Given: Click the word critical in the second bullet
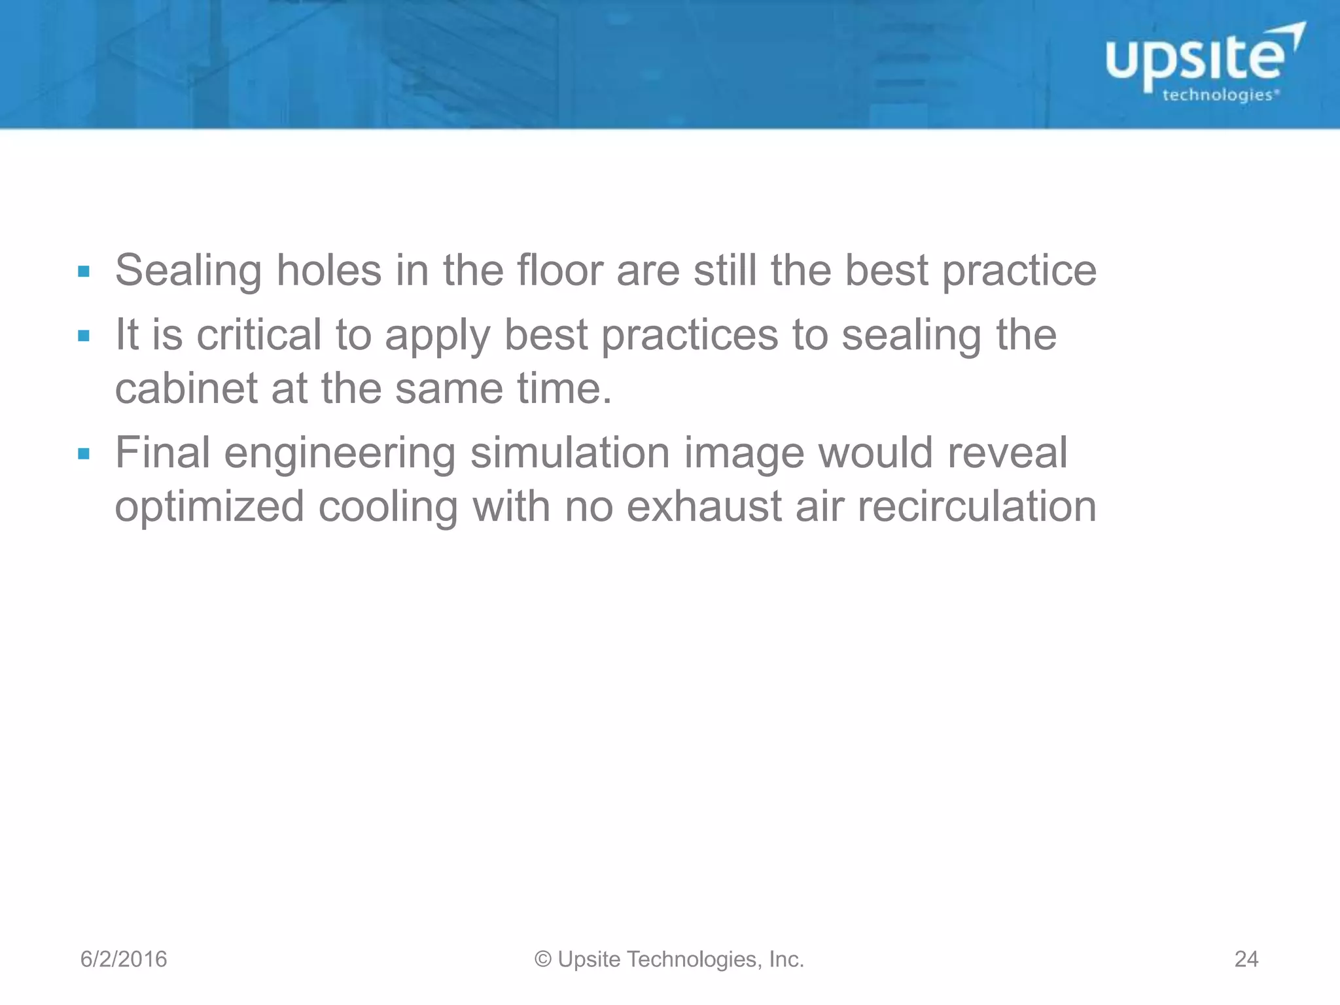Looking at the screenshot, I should (259, 334).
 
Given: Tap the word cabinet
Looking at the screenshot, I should (186, 388).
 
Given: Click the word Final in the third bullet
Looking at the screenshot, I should (163, 452).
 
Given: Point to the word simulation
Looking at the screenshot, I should (571, 452).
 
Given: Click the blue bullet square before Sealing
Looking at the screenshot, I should (83, 271).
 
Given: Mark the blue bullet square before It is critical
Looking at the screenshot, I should (83, 336).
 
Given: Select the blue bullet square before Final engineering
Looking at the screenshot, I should (83, 453).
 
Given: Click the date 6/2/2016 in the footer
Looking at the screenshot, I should (124, 959).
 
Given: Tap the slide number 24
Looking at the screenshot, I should (1246, 959).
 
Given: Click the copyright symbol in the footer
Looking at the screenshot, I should (543, 959).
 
